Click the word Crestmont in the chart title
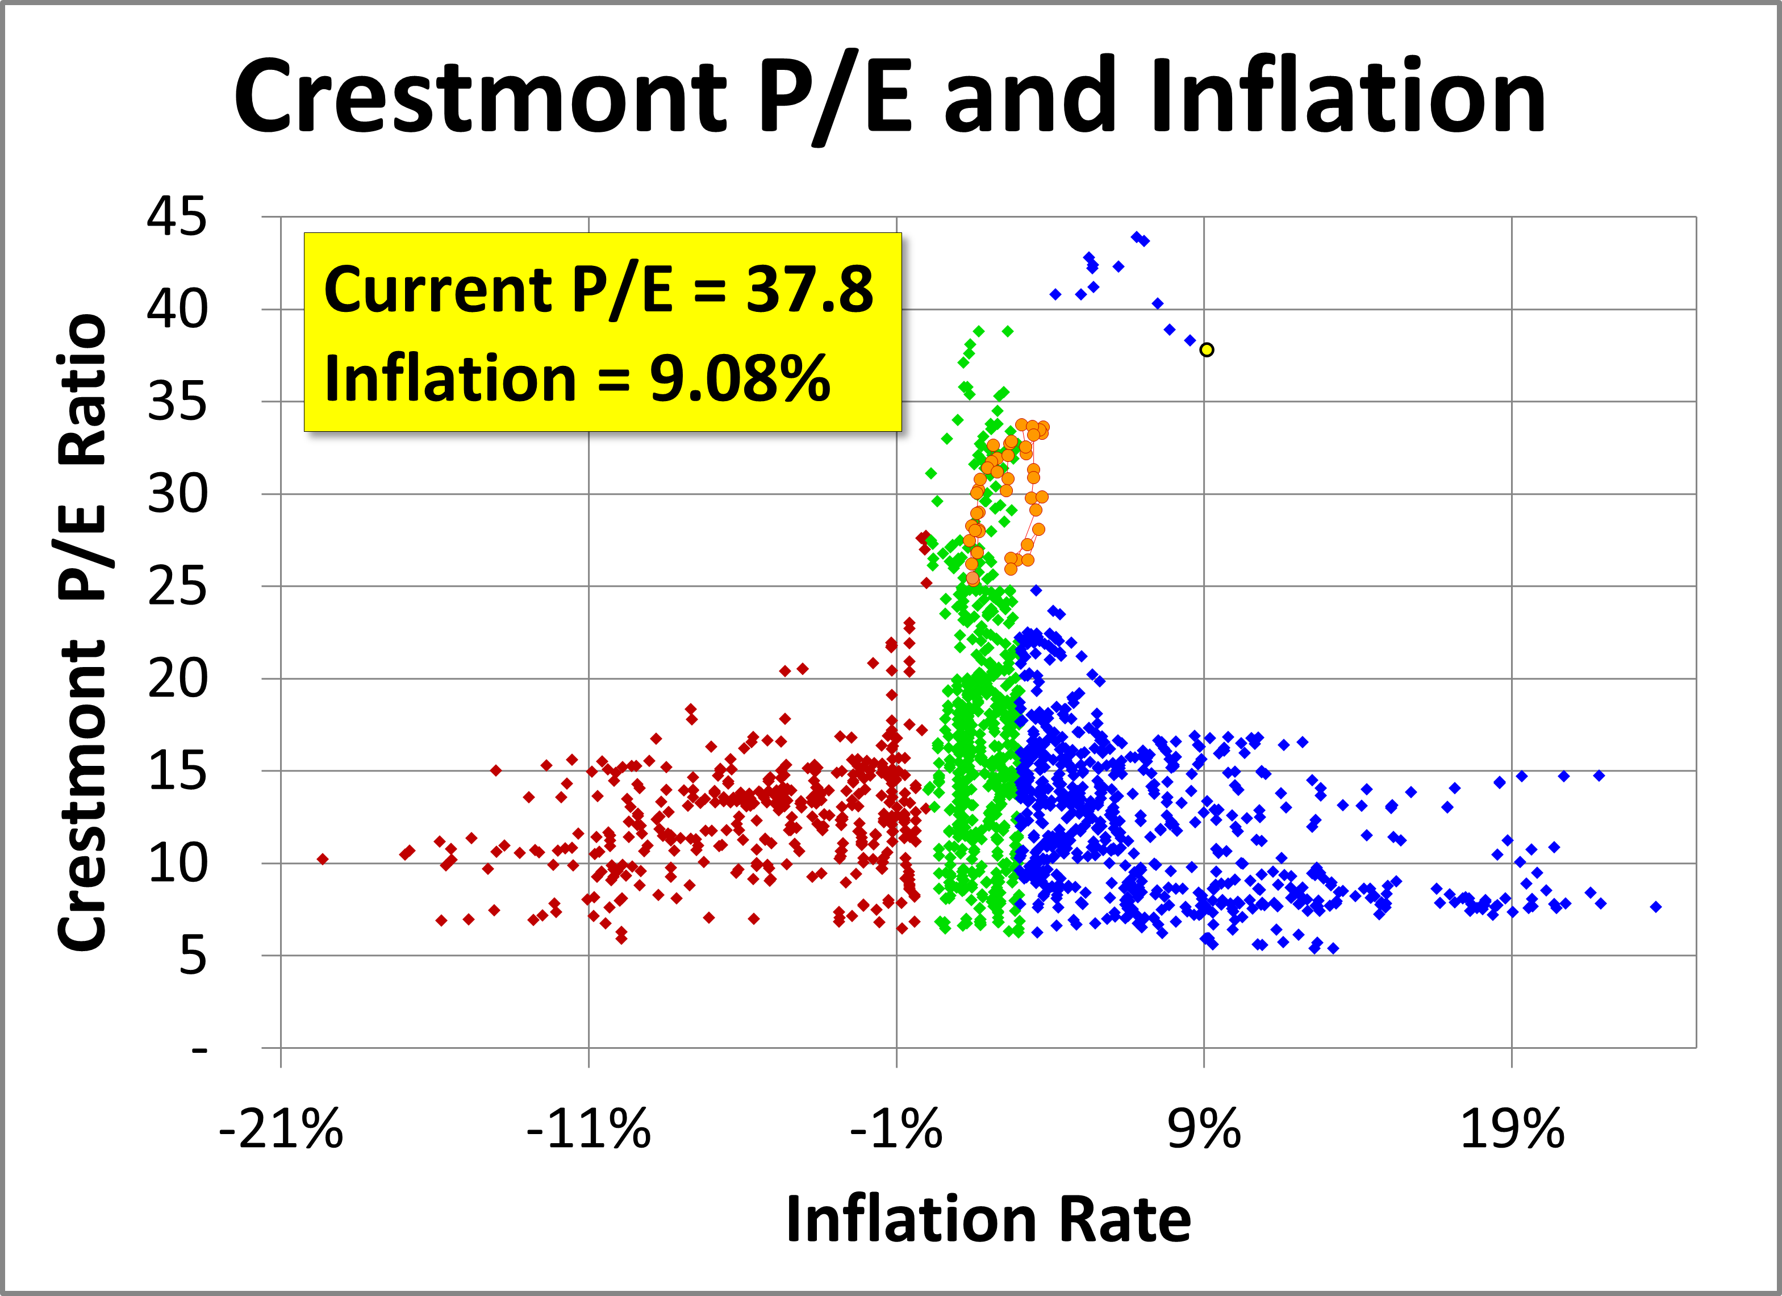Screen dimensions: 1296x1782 (480, 98)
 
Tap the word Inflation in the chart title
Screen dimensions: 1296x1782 (1347, 98)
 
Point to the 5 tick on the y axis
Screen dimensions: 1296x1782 (193, 956)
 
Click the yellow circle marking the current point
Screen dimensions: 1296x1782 (1207, 350)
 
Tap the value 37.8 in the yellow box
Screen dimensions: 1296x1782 (809, 289)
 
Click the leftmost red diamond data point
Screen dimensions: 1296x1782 (322, 859)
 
